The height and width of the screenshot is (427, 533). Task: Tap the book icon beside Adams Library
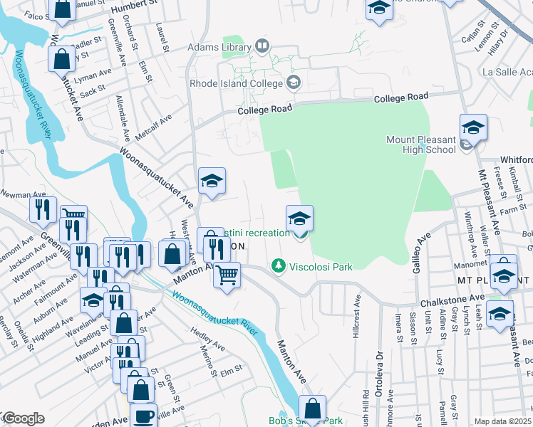262,47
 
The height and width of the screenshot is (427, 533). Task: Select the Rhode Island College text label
235,83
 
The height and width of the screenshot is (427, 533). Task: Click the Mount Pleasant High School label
421,144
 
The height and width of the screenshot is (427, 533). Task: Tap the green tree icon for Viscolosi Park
279,267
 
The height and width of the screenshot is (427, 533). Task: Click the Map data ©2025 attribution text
502,421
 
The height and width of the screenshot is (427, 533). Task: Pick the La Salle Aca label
507,73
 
